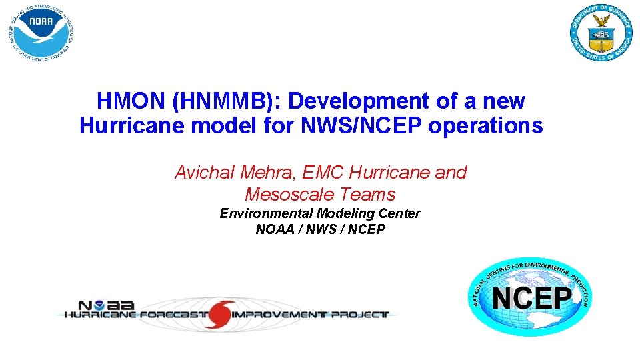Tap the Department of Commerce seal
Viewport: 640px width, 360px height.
point(601,31)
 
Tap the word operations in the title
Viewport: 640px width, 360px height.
point(485,125)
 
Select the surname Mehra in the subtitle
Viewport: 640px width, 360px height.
point(269,173)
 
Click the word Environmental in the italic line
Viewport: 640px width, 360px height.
point(267,213)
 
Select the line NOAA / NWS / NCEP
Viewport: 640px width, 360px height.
point(320,230)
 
